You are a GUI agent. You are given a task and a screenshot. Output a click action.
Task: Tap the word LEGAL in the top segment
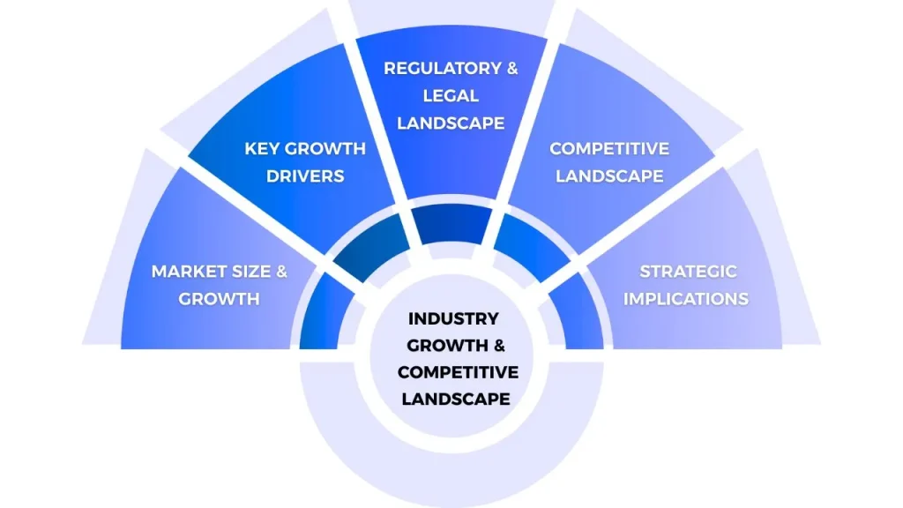(451, 95)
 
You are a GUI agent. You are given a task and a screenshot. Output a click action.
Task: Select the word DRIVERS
(305, 176)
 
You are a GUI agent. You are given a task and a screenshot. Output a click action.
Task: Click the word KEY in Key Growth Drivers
(261, 148)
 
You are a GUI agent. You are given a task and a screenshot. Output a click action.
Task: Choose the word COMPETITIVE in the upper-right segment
(609, 148)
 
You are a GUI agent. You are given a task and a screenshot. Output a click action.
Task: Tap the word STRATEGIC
(688, 272)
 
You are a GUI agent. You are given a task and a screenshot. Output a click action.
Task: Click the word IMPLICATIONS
(686, 298)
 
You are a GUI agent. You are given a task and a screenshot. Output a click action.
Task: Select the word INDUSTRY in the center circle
(453, 318)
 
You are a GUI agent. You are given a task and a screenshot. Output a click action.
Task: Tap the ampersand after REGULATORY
(511, 69)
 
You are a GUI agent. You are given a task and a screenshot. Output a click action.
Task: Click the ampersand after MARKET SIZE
(280, 272)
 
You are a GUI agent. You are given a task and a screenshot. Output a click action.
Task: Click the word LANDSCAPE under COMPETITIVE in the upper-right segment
(609, 176)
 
